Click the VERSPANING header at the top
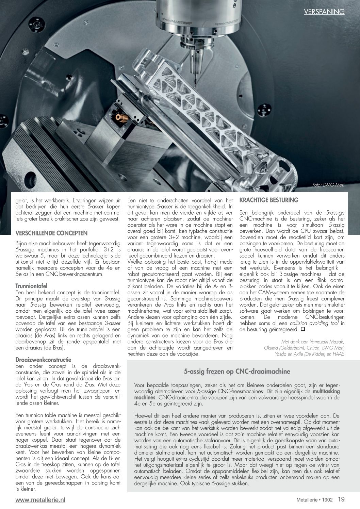(324, 12)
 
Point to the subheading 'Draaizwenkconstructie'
(43, 359)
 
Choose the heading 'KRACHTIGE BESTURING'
(269, 200)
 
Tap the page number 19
(341, 499)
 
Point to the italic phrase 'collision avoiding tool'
(314, 323)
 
